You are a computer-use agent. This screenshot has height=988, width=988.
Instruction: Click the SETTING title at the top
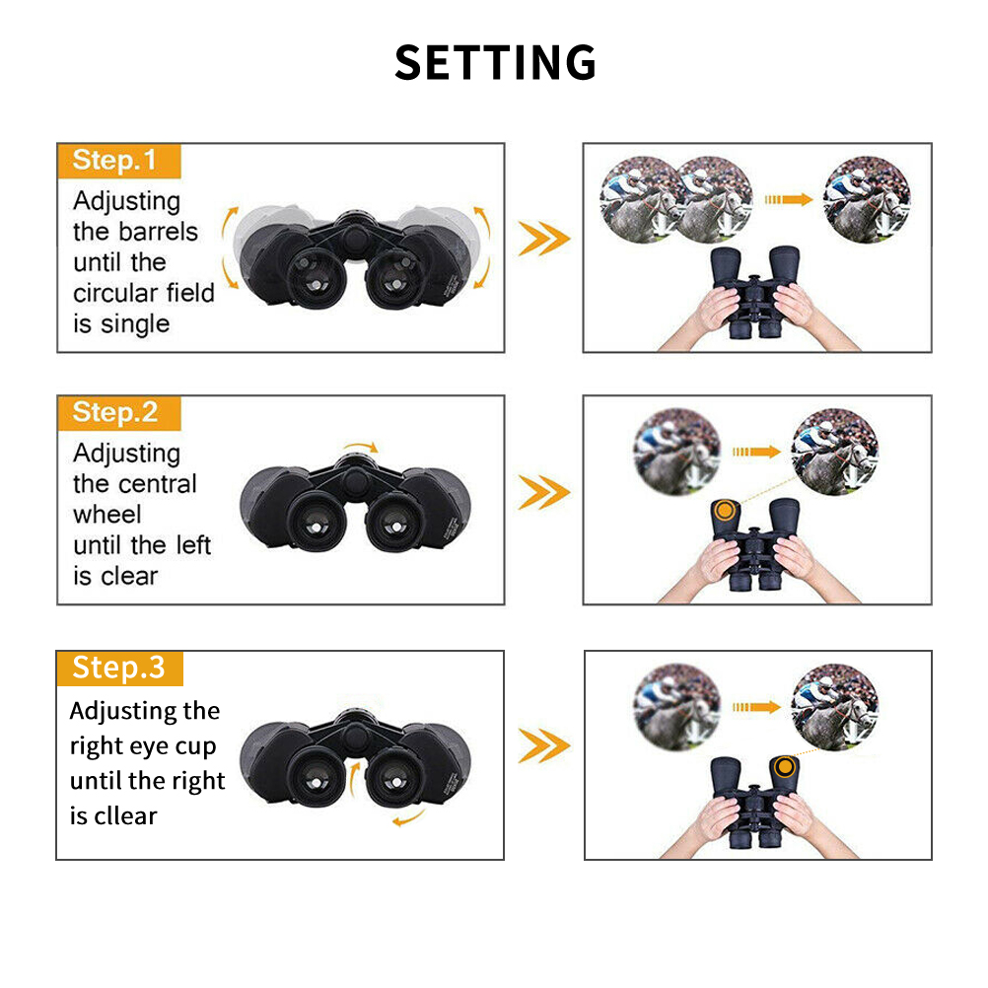495,62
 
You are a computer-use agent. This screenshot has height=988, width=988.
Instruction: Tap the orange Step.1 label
119,162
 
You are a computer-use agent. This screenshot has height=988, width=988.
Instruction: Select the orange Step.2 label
119,413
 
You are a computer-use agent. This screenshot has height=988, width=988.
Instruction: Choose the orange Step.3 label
119,669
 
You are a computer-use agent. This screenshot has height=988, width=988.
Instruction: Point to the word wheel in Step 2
107,514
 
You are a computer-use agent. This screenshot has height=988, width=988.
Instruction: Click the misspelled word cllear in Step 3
126,815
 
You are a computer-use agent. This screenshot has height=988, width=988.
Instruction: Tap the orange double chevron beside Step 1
543,239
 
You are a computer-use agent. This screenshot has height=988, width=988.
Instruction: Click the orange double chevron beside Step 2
543,492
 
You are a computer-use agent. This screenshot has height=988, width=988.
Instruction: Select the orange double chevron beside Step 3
543,746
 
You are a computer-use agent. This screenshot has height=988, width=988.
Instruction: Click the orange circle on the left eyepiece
725,510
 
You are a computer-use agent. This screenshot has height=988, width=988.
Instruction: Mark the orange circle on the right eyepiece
785,767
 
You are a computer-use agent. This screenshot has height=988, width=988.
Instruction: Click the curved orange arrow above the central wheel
361,446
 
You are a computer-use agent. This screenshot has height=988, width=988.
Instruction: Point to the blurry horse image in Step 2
676,452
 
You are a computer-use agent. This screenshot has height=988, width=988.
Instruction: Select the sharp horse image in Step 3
835,706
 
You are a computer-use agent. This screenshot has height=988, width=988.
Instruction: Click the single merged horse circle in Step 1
867,200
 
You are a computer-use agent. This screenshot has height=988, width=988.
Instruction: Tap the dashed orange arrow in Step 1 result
788,200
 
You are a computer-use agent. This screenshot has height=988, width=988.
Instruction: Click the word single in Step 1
135,324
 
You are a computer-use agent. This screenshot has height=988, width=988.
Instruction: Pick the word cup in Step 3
195,746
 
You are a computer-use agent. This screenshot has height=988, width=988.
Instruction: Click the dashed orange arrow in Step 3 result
756,707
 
